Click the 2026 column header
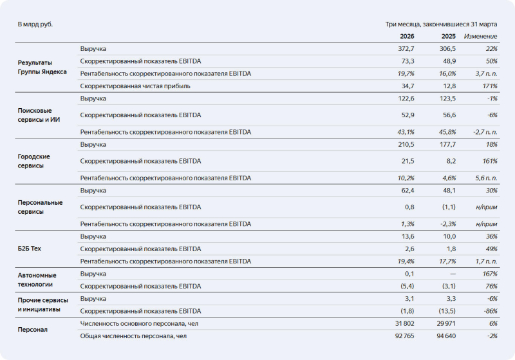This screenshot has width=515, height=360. pyautogui.click(x=407, y=36)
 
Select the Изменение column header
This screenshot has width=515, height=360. pyautogui.click(x=480, y=36)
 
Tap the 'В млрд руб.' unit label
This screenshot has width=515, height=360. pyautogui.click(x=35, y=24)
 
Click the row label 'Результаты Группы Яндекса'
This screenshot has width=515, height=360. pyautogui.click(x=42, y=67)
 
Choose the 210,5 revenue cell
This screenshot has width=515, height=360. pyautogui.click(x=406, y=144)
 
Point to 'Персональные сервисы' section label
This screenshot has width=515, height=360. pyautogui.click(x=40, y=207)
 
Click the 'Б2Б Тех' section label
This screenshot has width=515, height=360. pyautogui.click(x=30, y=249)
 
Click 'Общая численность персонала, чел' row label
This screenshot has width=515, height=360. pyautogui.click(x=133, y=336)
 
